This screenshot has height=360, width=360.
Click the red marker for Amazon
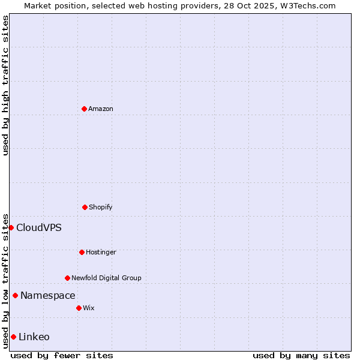click(x=84, y=109)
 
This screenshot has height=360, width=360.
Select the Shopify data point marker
click(x=85, y=207)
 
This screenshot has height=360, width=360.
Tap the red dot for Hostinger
click(x=82, y=252)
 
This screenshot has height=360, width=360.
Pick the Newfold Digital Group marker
click(x=67, y=278)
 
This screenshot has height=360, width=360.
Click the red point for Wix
click(x=79, y=308)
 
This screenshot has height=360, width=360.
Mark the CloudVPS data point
click(x=11, y=227)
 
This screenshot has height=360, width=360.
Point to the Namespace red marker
click(x=15, y=295)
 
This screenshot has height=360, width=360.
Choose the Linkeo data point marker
click(x=13, y=337)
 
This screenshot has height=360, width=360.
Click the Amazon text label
click(x=101, y=109)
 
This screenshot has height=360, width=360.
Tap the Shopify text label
click(x=101, y=207)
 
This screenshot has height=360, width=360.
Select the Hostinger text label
click(x=101, y=252)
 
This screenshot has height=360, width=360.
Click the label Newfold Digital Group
click(x=106, y=278)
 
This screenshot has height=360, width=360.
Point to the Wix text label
click(x=89, y=308)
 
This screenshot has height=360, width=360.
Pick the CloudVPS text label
click(x=39, y=227)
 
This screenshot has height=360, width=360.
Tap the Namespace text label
click(x=48, y=295)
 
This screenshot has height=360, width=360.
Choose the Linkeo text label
click(x=34, y=337)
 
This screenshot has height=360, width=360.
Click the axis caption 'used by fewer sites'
click(x=62, y=355)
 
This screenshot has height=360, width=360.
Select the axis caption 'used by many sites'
click(x=301, y=355)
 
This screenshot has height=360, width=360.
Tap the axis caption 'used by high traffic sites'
click(x=5, y=85)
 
